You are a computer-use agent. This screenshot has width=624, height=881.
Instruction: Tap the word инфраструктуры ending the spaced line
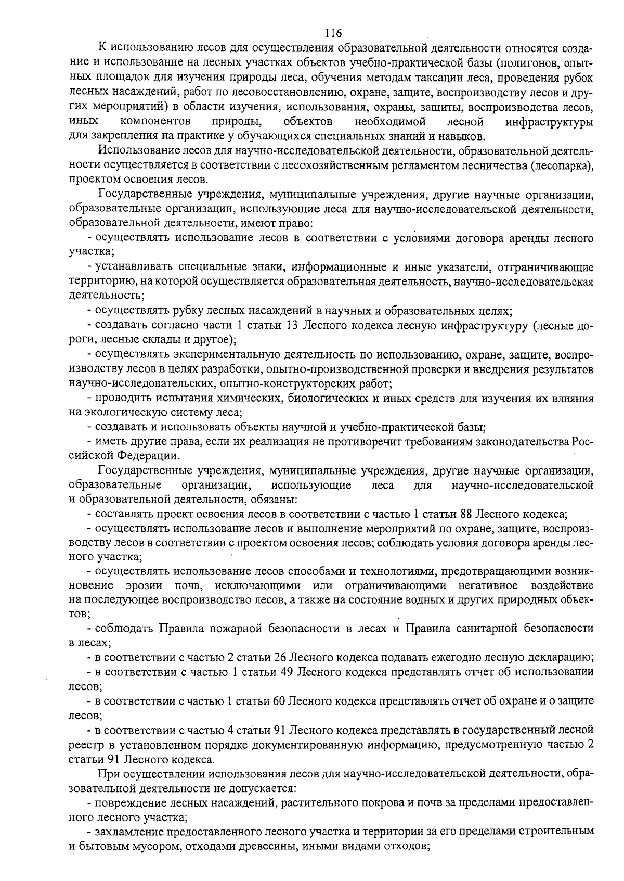click(549, 122)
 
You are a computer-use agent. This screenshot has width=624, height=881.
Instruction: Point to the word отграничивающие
click(545, 267)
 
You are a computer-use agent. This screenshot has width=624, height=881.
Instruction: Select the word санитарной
click(501, 628)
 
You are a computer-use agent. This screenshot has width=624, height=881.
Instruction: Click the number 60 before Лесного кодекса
click(277, 701)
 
